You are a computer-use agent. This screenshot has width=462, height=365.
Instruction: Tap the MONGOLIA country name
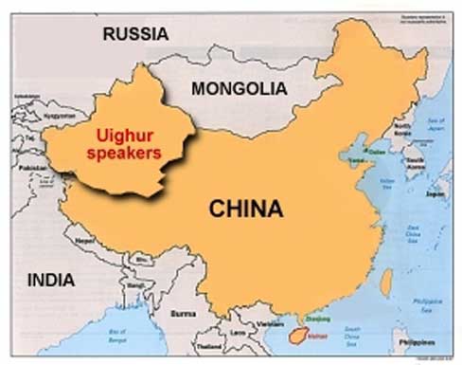pos(239,88)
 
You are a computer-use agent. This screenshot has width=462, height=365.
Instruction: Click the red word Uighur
pos(126,133)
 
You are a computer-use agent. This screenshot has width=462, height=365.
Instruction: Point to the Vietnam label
pos(252,323)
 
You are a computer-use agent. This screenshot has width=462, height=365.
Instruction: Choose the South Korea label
pos(414,162)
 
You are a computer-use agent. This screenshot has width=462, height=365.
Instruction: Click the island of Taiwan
pos(386,280)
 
